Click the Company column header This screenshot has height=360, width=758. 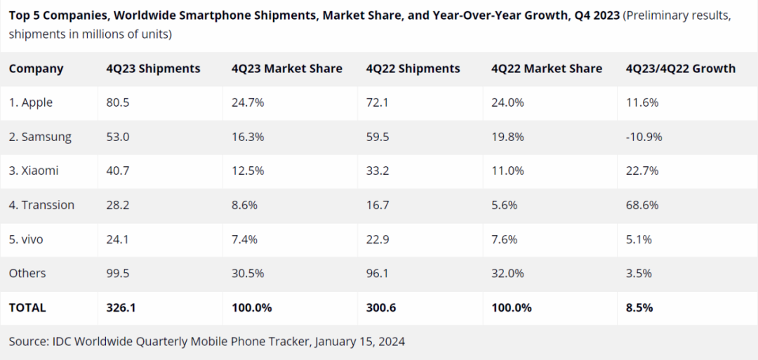(36, 69)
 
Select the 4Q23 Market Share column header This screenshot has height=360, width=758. (286, 69)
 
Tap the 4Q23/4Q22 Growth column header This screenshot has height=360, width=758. (681, 69)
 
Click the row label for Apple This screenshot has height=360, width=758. (31, 103)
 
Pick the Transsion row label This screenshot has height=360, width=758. (41, 205)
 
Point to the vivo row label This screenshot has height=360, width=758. (26, 239)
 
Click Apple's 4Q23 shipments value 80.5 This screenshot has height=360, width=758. (117, 103)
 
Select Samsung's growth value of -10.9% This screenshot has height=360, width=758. (644, 137)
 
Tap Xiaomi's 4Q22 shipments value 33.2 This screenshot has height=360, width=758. (378, 171)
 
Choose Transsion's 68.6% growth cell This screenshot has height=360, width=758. (642, 205)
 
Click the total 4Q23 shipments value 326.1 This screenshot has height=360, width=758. (121, 308)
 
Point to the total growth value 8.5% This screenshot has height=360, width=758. (639, 308)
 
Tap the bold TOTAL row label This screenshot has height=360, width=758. (27, 308)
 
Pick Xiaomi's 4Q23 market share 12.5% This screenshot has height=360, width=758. (248, 171)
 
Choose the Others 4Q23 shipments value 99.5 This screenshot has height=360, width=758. (117, 274)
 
